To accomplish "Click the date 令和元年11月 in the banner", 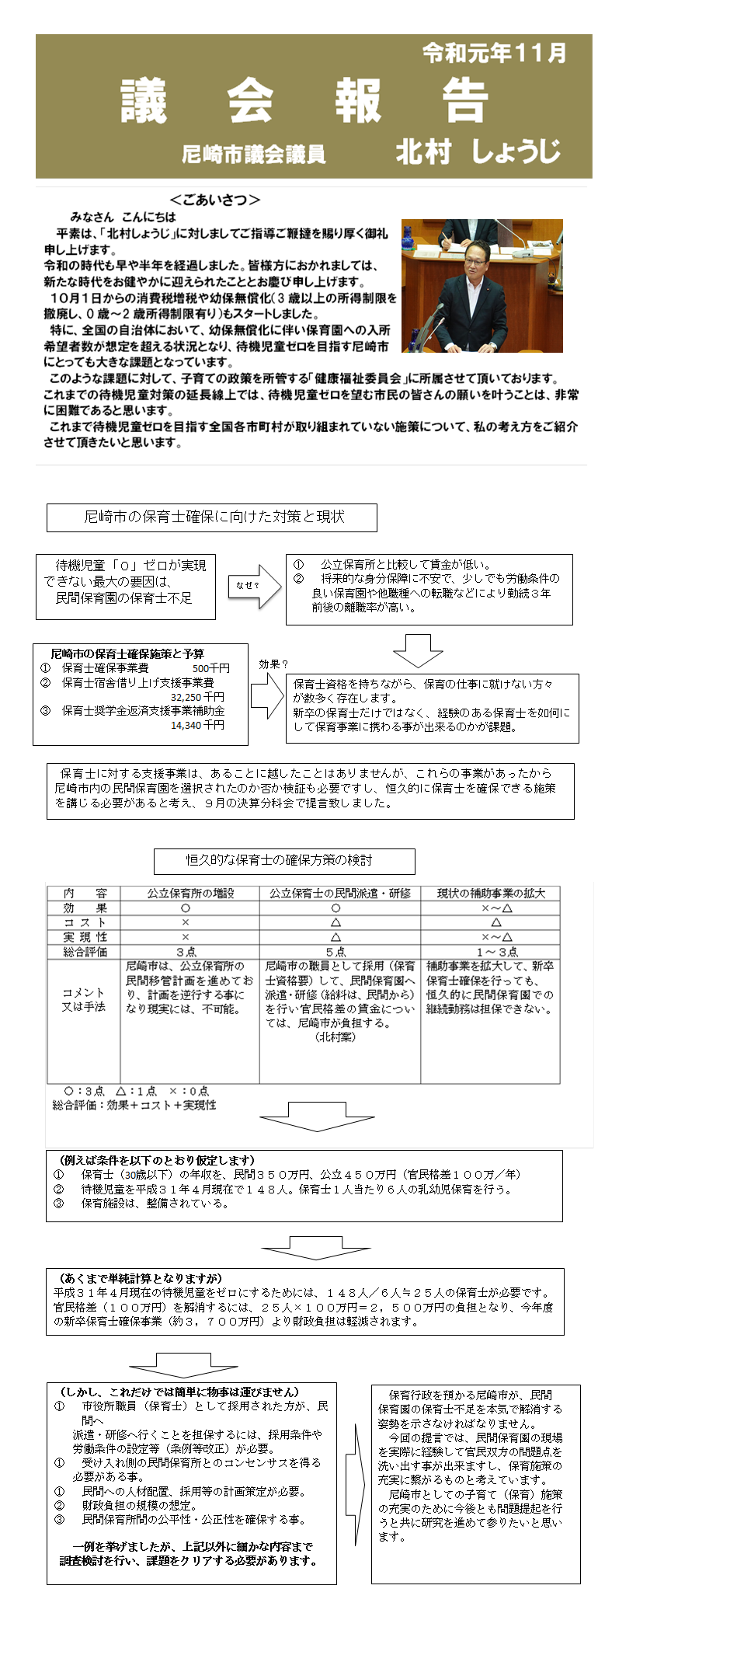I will [x=494, y=54].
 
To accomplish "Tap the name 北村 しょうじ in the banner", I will [x=478, y=152].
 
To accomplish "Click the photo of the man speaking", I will [x=482, y=285].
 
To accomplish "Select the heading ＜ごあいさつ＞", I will [x=214, y=200].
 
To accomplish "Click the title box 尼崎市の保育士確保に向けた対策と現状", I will [x=212, y=517].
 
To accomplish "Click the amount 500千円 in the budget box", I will [x=210, y=668].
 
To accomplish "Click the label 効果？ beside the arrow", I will [x=273, y=664].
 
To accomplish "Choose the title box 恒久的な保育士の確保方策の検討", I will [x=284, y=861].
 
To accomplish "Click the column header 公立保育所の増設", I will [x=190, y=894].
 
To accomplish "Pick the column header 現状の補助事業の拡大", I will [x=491, y=894].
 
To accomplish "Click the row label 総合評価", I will [x=85, y=952].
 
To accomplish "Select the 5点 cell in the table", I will [x=336, y=952].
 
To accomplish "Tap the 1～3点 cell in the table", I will [x=497, y=952].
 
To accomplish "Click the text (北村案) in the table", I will [x=336, y=1037].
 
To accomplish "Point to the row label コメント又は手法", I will [x=84, y=999].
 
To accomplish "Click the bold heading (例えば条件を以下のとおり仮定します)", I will [x=157, y=1160].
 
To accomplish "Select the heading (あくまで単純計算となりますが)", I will [x=141, y=1278].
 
